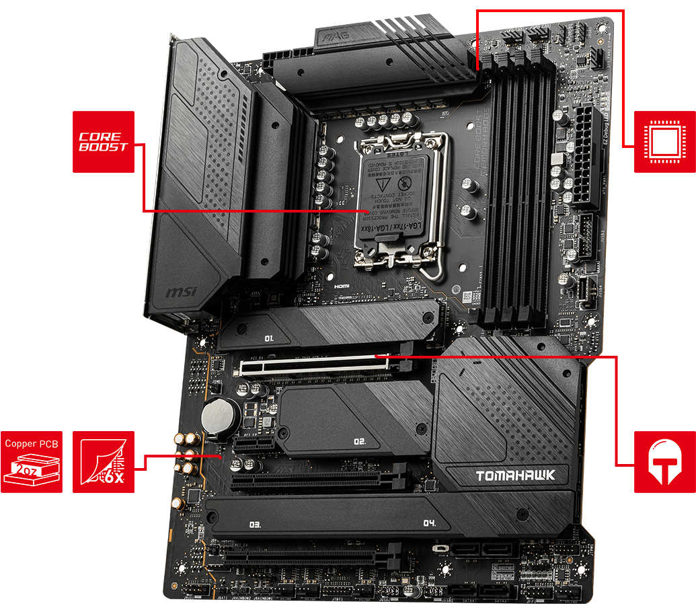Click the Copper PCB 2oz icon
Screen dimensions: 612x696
click(x=32, y=462)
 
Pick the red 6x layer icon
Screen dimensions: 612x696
click(x=103, y=462)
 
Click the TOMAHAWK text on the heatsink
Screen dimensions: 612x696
click(x=516, y=475)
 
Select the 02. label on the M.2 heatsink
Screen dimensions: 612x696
click(x=359, y=442)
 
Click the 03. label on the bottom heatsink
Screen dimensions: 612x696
click(x=255, y=523)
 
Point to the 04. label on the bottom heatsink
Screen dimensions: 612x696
click(x=430, y=523)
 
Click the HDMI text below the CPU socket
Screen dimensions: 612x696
click(x=342, y=286)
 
